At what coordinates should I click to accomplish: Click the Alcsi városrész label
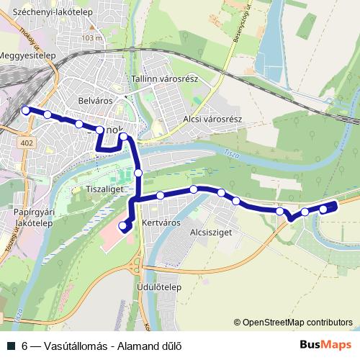point(213,119)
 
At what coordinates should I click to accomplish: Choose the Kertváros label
point(160,223)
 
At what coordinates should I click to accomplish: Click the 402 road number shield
point(27,144)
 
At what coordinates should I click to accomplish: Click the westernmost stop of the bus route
point(26,110)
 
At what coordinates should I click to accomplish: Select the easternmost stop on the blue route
point(323,209)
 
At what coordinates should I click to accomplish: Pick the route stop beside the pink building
point(122,225)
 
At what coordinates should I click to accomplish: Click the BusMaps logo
point(325,346)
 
